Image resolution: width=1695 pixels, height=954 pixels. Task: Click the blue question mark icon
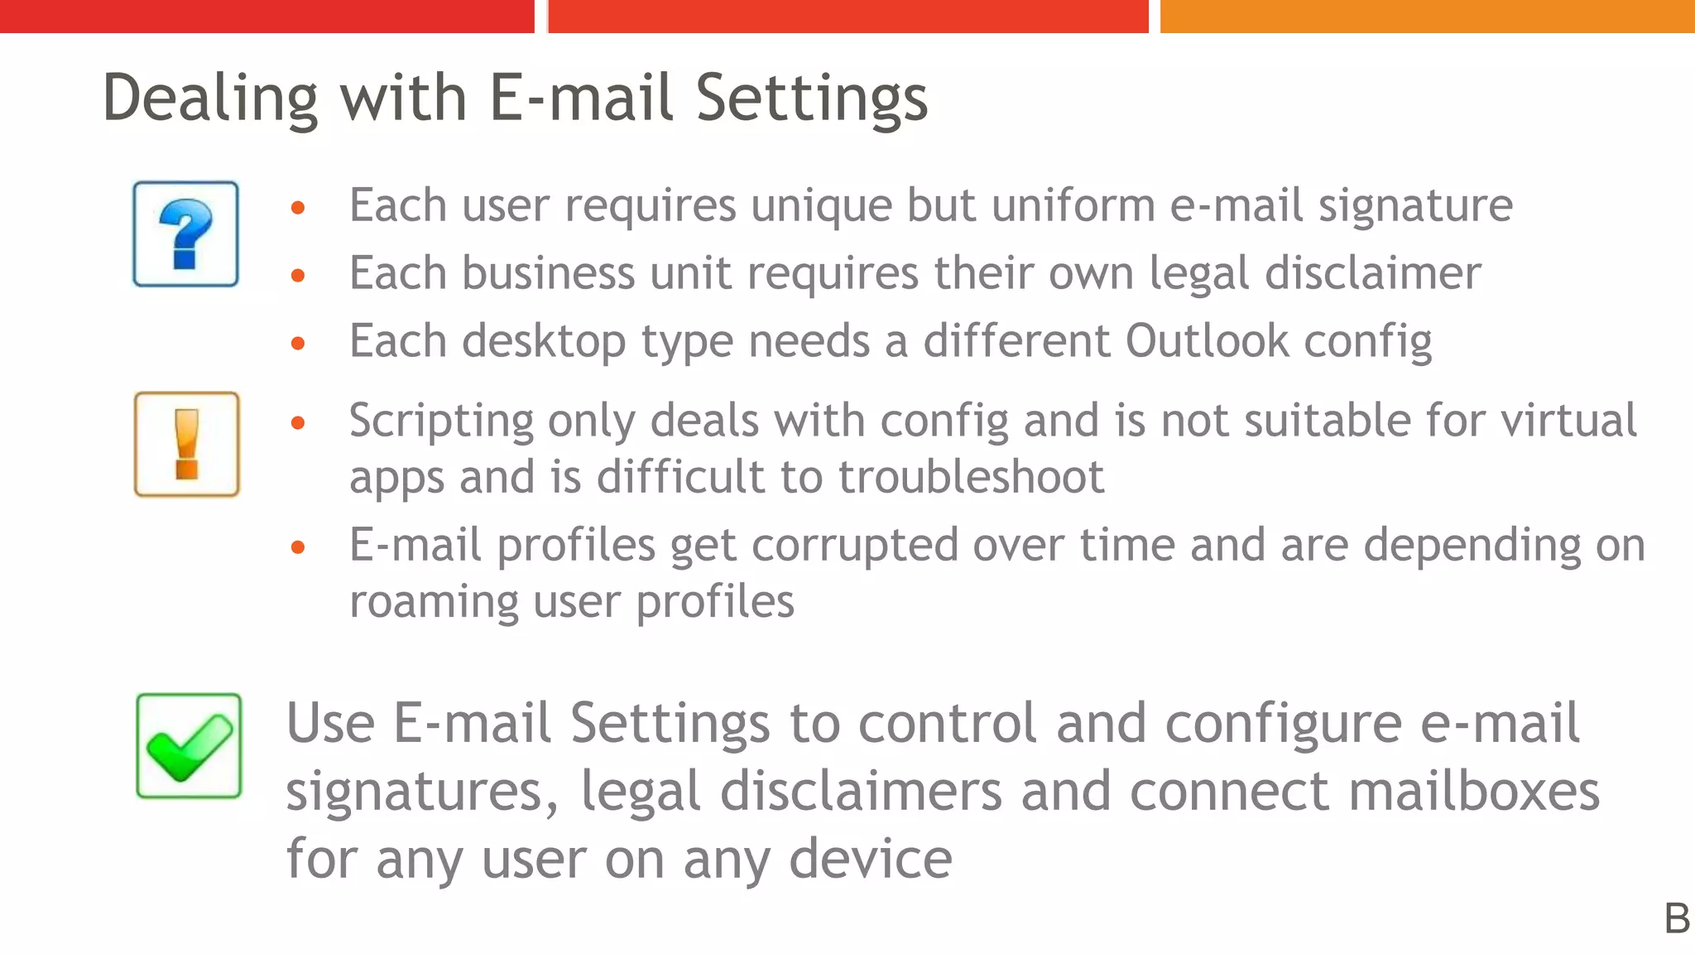185,234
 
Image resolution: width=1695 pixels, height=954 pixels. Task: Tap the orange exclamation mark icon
187,445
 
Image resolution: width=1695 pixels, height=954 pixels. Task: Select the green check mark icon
189,746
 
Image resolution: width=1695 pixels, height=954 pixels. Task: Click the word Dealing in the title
210,99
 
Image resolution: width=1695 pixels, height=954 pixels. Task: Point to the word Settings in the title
811,99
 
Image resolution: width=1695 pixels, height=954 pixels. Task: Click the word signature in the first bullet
1415,206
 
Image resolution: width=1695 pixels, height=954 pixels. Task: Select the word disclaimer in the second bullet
1373,273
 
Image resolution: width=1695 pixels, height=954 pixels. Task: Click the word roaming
434,602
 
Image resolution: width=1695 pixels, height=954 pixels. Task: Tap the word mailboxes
1474,791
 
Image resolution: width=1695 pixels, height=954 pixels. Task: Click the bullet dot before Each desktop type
298,343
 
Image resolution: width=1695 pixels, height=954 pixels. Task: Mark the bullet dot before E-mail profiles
298,547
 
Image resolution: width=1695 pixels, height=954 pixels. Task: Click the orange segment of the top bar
1427,16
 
